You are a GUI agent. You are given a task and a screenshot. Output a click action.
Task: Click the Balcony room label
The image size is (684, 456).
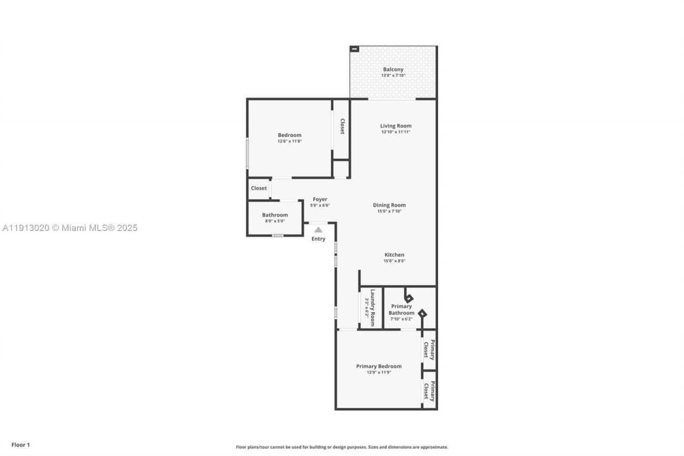click(x=393, y=69)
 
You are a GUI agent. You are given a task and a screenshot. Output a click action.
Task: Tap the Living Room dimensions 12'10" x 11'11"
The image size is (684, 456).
click(x=396, y=132)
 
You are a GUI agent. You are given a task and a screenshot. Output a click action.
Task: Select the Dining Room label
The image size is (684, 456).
click(x=389, y=205)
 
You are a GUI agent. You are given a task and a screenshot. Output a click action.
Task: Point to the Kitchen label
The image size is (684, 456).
click(x=394, y=254)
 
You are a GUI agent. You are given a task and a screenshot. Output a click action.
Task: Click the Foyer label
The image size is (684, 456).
click(x=320, y=199)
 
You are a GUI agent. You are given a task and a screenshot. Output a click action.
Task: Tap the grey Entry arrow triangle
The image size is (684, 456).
click(x=318, y=229)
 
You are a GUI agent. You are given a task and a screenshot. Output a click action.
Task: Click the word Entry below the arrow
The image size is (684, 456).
click(x=318, y=239)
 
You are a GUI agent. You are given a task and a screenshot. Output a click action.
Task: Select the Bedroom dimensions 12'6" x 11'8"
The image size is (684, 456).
click(x=290, y=142)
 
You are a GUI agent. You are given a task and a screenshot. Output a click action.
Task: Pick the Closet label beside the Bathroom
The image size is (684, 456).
click(x=259, y=188)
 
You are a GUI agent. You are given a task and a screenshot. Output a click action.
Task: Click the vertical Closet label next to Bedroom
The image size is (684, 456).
click(x=342, y=126)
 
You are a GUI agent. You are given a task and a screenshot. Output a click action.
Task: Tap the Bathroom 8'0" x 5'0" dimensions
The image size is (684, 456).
click(x=275, y=221)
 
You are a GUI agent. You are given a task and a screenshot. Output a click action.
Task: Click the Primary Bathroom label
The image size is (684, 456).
click(x=401, y=310)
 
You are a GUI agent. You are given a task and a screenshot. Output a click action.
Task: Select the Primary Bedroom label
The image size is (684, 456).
click(x=379, y=366)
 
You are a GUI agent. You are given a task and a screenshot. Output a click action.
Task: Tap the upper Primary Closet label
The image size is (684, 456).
click(x=429, y=350)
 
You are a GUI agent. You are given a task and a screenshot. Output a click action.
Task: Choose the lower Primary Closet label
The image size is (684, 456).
click(x=429, y=390)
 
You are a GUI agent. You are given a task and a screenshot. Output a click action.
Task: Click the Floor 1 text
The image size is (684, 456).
click(x=21, y=445)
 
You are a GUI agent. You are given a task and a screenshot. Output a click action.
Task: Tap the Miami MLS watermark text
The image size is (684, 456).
click(x=69, y=228)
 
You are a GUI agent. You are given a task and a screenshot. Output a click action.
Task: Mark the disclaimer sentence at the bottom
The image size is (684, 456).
click(x=342, y=447)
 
